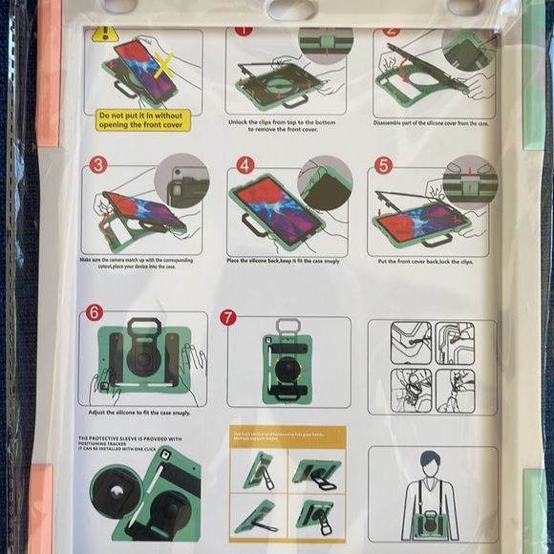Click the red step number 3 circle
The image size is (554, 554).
tap(97, 165)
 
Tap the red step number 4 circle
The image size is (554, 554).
tap(245, 165)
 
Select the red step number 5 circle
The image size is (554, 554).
tap(384, 165)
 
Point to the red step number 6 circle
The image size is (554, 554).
tap(94, 313)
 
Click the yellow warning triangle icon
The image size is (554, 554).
tap(104, 34)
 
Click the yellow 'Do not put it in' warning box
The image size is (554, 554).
tap(143, 118)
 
